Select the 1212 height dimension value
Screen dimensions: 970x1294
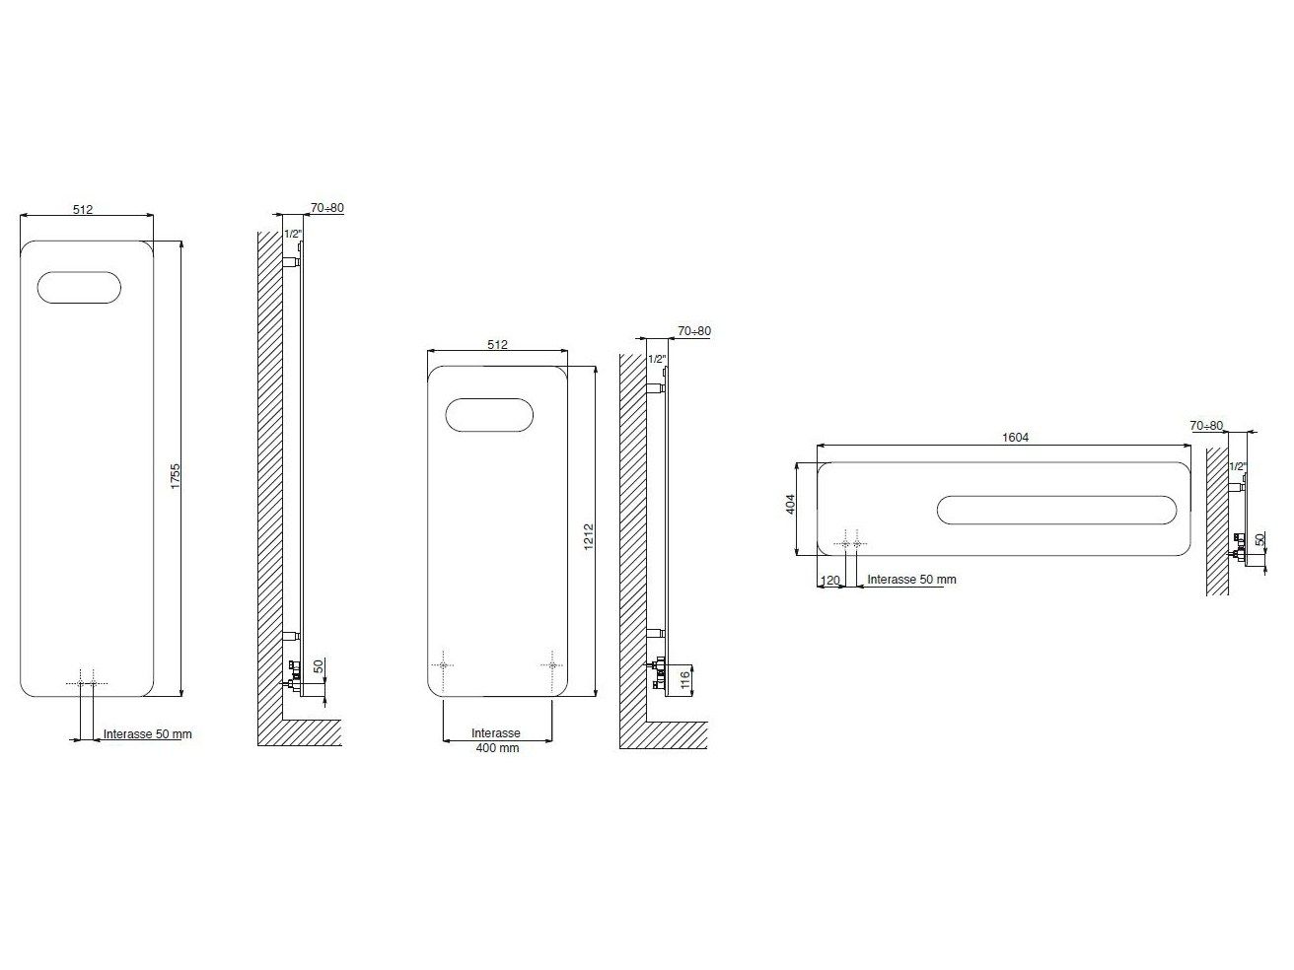point(588,536)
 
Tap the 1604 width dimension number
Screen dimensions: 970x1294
point(1015,437)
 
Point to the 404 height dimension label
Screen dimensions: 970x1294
point(790,505)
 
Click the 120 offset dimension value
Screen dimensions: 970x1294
point(830,581)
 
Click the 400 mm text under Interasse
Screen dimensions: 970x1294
point(495,748)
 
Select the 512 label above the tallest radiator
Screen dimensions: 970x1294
point(83,209)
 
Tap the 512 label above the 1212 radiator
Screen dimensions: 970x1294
point(497,344)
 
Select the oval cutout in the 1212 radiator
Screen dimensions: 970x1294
point(490,414)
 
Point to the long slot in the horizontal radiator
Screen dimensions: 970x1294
point(1056,509)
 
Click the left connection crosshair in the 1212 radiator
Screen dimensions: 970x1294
point(444,665)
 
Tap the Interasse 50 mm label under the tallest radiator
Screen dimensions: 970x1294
point(148,734)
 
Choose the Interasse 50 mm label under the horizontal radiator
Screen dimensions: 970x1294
point(911,580)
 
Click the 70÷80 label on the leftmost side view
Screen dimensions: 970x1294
point(326,208)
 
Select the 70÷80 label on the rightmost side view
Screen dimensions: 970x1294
point(1206,426)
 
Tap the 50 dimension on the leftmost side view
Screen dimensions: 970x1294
point(319,666)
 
